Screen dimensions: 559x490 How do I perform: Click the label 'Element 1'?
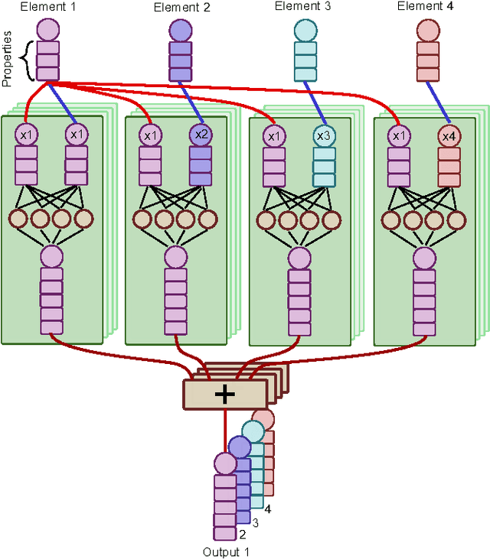(33, 8)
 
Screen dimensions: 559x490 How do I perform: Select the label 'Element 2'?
(181, 8)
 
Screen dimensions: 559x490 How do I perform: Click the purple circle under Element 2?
(181, 31)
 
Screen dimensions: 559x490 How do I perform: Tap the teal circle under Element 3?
(305, 31)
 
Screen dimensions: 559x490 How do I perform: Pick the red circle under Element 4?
(427, 31)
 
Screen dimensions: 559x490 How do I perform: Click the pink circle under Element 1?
(47, 31)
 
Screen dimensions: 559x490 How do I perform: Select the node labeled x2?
(201, 135)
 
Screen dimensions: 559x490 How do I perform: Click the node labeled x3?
(324, 136)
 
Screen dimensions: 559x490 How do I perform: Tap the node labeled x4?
(448, 136)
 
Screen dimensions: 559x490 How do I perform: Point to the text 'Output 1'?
(226, 551)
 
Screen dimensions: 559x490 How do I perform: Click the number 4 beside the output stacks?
(268, 508)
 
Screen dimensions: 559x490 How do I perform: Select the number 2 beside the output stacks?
(242, 535)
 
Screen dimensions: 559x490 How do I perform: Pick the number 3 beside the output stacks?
(256, 522)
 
